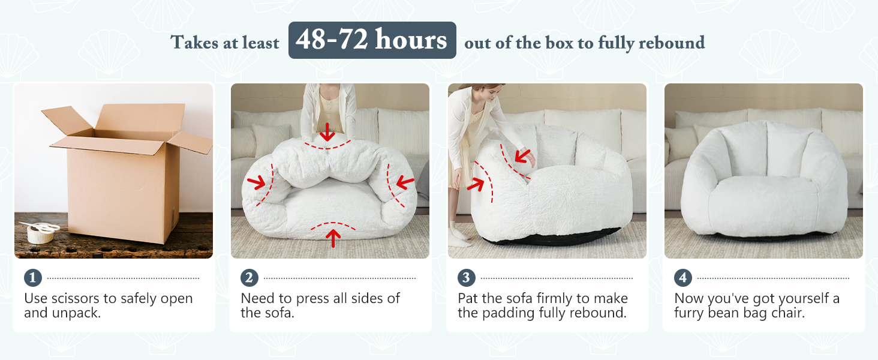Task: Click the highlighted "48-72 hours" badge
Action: [x=372, y=40]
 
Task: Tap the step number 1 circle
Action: [x=32, y=278]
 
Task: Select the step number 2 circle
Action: [x=249, y=278]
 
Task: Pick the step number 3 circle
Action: [x=466, y=278]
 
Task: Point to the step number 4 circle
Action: [x=682, y=278]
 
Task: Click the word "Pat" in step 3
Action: [x=469, y=298]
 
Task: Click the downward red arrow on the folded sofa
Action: [x=327, y=131]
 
